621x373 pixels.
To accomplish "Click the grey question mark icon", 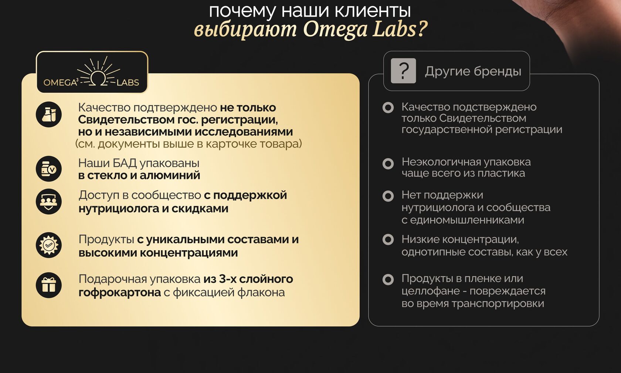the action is (403, 71).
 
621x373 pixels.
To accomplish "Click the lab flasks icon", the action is (49, 115).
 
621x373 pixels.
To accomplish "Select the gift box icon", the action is (49, 285).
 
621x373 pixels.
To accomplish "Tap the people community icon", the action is (49, 201).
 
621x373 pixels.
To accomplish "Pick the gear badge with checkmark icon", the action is (49, 245).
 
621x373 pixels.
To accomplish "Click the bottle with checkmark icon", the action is (49, 169).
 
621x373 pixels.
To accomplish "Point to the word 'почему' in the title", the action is (242, 12).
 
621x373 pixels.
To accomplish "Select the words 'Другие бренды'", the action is (473, 71).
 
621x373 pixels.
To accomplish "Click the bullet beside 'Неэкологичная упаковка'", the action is (388, 164).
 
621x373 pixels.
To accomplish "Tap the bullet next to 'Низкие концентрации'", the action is (388, 239).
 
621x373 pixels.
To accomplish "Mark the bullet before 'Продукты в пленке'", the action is (388, 279).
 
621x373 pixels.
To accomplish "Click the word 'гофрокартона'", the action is (120, 292).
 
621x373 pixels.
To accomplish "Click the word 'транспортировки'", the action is (498, 304).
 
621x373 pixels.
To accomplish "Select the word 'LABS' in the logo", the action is (128, 82).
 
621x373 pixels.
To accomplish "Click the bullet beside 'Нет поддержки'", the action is (388, 196).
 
